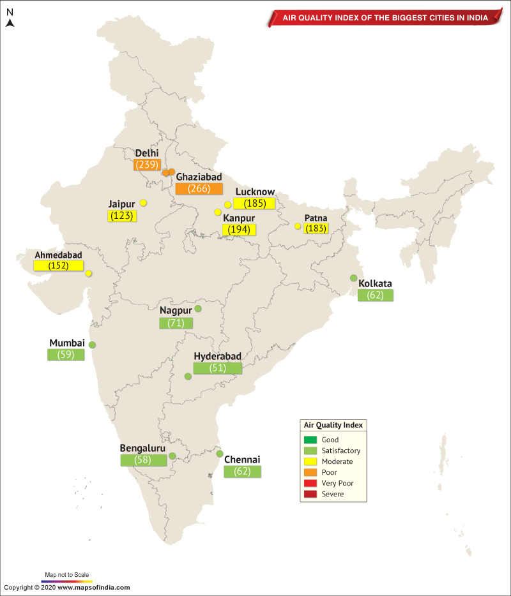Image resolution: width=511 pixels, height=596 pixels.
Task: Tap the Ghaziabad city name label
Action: tap(199, 177)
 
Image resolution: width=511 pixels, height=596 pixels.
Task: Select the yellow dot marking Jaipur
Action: tap(143, 203)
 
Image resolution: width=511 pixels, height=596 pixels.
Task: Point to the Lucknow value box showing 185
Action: tap(254, 204)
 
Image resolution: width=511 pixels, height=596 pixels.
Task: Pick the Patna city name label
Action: tap(317, 218)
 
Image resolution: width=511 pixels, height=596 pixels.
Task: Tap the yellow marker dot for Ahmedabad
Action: tap(88, 274)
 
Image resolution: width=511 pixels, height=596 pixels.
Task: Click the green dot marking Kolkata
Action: tap(353, 278)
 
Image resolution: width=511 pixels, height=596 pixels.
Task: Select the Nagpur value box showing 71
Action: tap(176, 323)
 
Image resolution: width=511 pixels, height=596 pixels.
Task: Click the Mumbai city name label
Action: tap(67, 343)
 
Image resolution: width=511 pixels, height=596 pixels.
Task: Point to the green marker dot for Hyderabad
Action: tap(188, 376)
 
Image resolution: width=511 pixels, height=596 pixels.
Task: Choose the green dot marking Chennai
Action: tap(220, 454)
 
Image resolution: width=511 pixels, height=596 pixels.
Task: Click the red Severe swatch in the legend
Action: tap(311, 494)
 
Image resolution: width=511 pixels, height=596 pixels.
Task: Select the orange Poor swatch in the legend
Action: tap(311, 472)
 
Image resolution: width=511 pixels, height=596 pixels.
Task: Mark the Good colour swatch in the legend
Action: tap(311, 440)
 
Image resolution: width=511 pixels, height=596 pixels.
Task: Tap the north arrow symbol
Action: tap(10, 23)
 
